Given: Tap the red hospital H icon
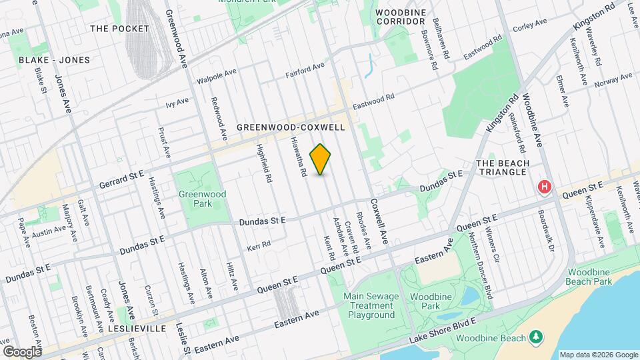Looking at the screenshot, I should point(545,187).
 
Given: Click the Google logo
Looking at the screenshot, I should point(22,351).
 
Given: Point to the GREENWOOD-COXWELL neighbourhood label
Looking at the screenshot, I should point(290,127).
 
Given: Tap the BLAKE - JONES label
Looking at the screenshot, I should point(54,60).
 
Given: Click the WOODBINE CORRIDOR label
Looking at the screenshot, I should point(400,17).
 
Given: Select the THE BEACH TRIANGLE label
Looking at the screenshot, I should point(502,168).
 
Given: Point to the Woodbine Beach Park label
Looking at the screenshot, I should point(589,278).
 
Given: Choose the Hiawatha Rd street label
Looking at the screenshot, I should point(297,157).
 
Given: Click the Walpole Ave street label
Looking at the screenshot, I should point(216,77).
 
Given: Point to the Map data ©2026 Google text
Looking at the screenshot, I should point(598,354).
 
